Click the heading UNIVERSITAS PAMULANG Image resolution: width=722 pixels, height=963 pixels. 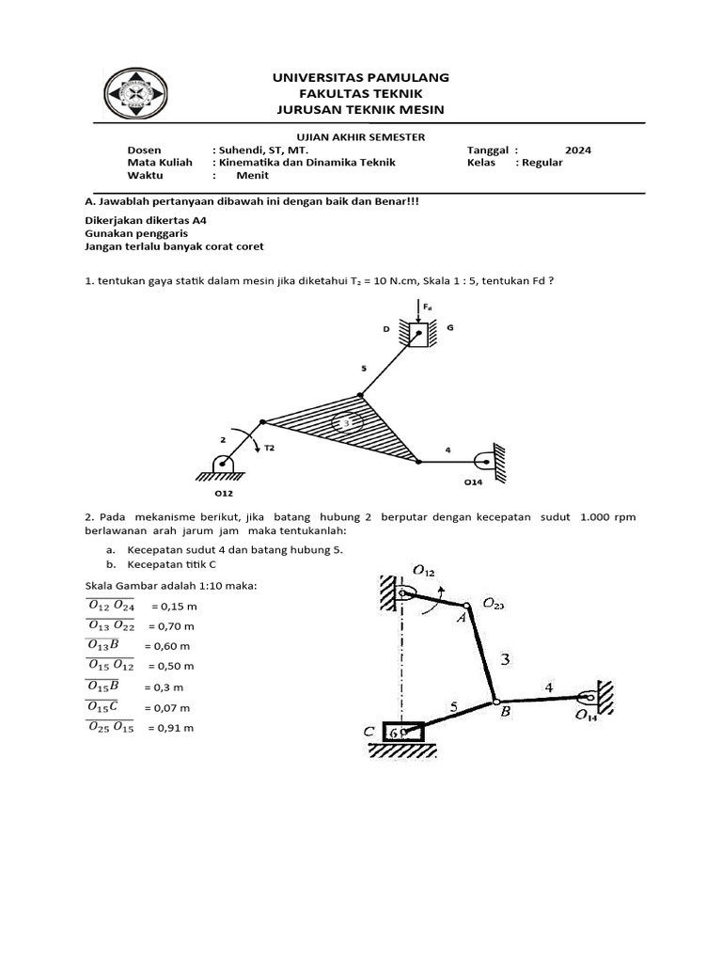coord(361,76)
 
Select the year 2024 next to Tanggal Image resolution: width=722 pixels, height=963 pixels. coord(578,150)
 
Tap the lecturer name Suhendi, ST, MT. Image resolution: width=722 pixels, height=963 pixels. coord(261,150)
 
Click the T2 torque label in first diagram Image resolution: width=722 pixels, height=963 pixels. coord(269,449)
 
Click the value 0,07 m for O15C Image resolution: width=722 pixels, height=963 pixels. coord(170,707)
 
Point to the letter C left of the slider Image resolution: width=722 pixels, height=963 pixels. coord(370,731)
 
